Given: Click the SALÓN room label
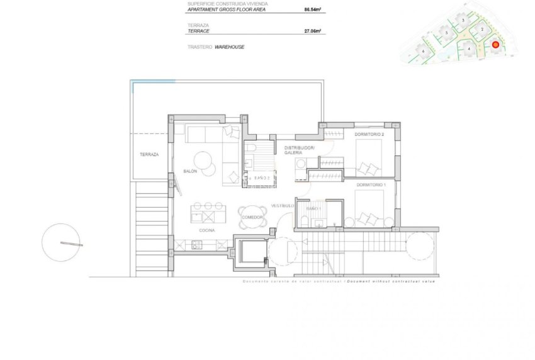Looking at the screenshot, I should coord(190,171).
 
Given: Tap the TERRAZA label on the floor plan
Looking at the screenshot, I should coord(149,154).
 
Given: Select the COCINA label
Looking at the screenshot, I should coord(207,231).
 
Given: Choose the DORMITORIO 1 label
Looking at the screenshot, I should coord(371,184).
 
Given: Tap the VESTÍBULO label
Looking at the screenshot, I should coord(282,206).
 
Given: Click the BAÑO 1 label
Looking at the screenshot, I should coord(313,208).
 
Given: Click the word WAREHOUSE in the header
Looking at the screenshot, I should coord(229,47).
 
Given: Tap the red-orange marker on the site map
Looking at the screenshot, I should coord(495,45).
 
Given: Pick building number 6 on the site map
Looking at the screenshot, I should coord(424,51).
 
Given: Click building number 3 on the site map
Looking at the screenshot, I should coord(463,21).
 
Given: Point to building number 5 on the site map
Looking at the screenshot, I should coord(446,32).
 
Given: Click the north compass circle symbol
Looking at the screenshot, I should coord(62,243).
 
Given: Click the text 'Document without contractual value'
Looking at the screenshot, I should coord(390,281).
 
